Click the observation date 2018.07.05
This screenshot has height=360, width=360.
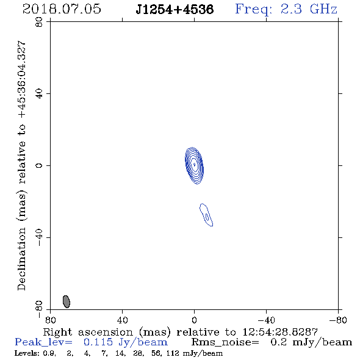[62, 9]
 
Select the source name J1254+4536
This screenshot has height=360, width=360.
[175, 9]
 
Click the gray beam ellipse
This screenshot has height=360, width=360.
[67, 301]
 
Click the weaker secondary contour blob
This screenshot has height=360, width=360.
[206, 215]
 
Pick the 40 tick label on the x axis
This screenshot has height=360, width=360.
[122, 320]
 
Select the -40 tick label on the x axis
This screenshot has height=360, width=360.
[266, 320]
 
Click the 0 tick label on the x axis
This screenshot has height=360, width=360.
[194, 320]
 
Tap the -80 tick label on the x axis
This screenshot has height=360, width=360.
[338, 320]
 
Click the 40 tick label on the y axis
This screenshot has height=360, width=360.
[39, 94]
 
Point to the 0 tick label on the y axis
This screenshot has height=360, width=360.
[39, 165]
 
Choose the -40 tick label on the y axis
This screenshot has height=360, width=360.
[39, 237]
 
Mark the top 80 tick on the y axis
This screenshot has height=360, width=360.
[39, 22]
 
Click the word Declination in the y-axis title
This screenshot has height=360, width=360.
[21, 259]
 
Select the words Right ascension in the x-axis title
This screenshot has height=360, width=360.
[88, 332]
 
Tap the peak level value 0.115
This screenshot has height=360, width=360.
[98, 342]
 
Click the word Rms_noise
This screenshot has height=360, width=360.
[225, 342]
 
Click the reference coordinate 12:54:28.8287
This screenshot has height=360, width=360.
[280, 332]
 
